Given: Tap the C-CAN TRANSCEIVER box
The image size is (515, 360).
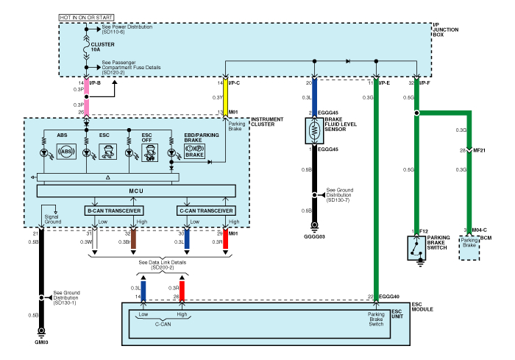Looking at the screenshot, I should (x=206, y=210).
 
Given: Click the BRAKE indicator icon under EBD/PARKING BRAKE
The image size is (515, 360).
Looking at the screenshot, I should (x=194, y=152).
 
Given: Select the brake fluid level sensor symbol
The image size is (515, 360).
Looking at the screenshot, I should (x=315, y=132).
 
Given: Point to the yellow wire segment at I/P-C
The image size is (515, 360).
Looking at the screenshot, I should (x=224, y=96).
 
